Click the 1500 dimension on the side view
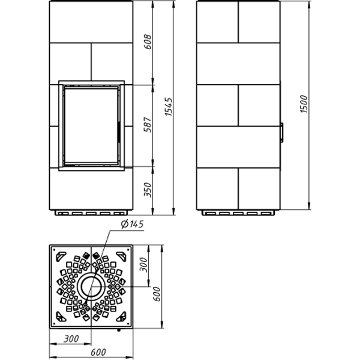(x=304, y=106)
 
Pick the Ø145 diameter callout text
(x=131, y=225)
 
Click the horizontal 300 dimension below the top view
(x=71, y=338)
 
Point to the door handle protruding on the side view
(x=281, y=132)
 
